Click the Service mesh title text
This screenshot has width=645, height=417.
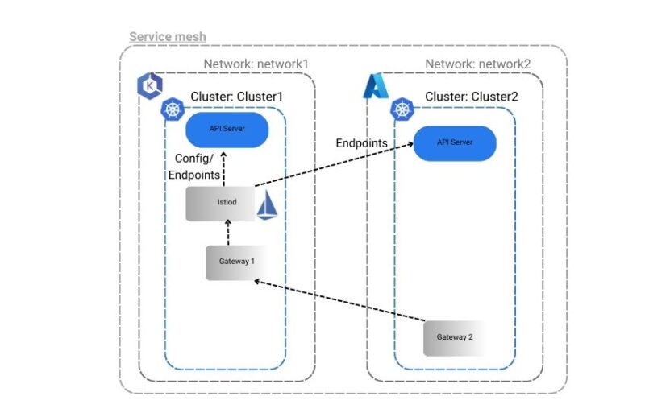point(167,37)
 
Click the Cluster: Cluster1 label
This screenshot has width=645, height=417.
point(237,97)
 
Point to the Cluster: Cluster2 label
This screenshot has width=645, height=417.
point(472,97)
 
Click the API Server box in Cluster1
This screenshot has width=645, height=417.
point(227,128)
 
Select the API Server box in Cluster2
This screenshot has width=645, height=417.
point(455,142)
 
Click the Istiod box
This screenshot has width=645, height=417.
point(220,203)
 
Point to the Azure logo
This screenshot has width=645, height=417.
point(376,86)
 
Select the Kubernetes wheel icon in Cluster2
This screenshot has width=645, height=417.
point(401,109)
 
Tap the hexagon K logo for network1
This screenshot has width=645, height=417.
point(149,85)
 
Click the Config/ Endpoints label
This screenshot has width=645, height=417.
point(198,165)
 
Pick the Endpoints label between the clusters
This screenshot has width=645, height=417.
point(361,143)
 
